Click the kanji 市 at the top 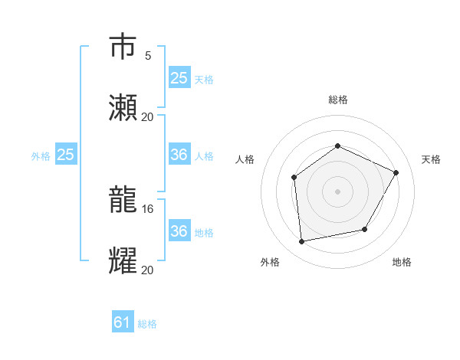click(123, 47)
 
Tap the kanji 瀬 click(123, 108)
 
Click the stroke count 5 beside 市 click(148, 55)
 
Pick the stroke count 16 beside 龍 click(148, 208)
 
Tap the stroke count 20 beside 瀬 click(148, 116)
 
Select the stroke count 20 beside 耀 click(148, 270)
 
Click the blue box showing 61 click(123, 322)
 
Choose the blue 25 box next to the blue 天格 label click(179, 77)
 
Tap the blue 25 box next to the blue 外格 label click(66, 155)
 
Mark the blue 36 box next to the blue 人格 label click(179, 155)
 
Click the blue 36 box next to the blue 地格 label click(179, 231)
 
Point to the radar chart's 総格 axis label click(337, 100)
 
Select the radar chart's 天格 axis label click(431, 159)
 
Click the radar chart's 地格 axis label click(402, 262)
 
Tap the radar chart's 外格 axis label click(270, 262)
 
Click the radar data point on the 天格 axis click(396, 172)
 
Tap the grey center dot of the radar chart click(337, 191)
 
